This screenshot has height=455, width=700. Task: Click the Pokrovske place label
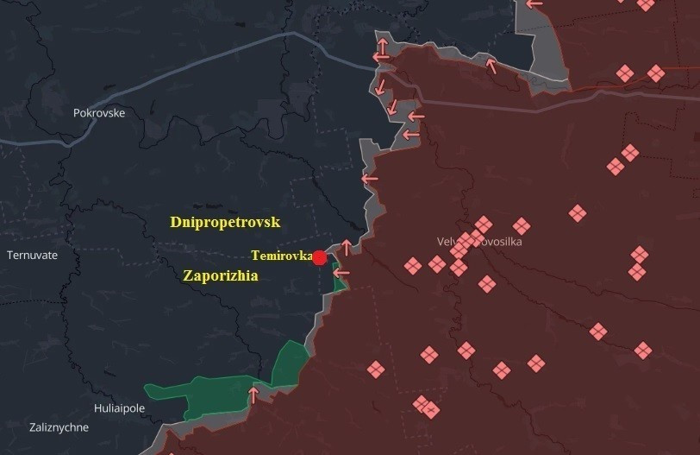pos(99,113)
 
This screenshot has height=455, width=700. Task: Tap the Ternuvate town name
pos(32,256)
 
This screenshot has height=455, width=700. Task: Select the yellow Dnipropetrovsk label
pos(225,223)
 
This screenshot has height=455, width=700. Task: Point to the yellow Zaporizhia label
pos(221,275)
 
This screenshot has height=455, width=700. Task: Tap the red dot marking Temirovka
pos(320,257)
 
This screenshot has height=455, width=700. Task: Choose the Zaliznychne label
pos(59,427)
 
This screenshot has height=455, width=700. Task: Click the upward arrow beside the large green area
pos(253,395)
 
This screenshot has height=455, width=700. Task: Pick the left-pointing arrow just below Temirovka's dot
pos(341,273)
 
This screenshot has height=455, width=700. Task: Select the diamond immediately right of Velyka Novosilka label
pos(521,226)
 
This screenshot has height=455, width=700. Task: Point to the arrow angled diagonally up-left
pos(491,65)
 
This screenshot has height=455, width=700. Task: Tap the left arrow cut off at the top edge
pos(534,3)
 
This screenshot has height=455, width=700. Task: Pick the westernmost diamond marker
pos(375,370)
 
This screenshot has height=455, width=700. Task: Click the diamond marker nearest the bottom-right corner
pos(642,351)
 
